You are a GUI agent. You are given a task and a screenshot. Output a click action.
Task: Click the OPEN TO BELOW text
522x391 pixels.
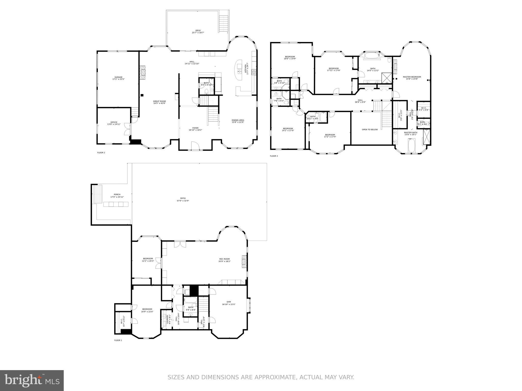(370, 130)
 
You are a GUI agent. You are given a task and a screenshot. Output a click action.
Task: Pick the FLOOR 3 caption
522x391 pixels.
(274, 156)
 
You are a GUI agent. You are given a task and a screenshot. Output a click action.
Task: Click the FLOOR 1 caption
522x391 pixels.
(118, 340)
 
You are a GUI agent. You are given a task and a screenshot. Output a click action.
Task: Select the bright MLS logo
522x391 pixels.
(32, 380)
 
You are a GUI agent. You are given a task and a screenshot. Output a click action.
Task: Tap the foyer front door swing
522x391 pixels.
(195, 146)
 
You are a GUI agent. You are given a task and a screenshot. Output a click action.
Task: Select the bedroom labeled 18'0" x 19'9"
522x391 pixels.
(290, 58)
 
